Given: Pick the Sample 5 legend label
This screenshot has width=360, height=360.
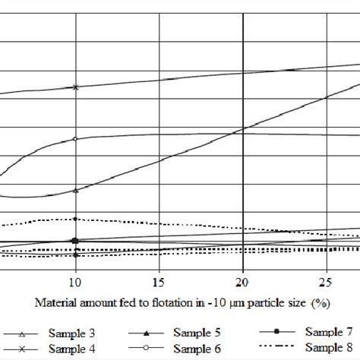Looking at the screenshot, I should tap(199, 333).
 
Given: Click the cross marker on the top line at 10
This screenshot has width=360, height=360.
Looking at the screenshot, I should tap(75, 87).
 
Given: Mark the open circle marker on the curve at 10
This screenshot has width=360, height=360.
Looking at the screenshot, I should tap(75, 139).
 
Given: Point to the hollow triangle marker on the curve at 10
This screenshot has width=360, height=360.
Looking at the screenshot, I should tap(75, 190).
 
